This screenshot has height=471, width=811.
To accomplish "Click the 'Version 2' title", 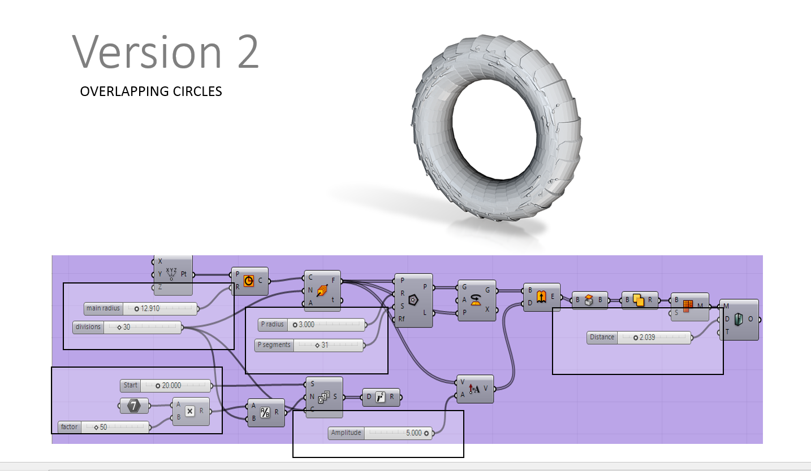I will click(166, 51).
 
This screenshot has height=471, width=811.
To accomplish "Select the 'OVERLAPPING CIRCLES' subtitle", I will click(151, 91).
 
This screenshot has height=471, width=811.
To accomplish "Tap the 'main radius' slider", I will click(141, 308).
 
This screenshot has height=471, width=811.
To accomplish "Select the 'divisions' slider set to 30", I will click(127, 327).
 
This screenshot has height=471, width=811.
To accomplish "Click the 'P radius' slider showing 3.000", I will click(310, 325).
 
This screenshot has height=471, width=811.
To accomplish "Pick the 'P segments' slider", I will click(309, 345).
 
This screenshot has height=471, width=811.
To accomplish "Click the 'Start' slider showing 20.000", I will click(165, 386).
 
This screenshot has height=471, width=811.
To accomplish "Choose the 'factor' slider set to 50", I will click(104, 427).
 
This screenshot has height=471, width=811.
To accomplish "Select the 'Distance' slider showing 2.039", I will click(639, 337).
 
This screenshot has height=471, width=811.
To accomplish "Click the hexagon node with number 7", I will click(134, 405).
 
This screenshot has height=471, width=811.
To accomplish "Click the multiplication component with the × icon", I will click(191, 411).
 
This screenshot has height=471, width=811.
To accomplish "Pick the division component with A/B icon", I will click(266, 413).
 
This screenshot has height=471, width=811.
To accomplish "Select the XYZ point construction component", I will click(172, 275).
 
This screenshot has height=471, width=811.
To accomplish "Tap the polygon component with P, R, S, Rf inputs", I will click(413, 300).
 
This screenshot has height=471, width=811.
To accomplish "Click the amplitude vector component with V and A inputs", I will click(475, 389).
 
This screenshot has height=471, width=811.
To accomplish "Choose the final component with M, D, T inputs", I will click(739, 320).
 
